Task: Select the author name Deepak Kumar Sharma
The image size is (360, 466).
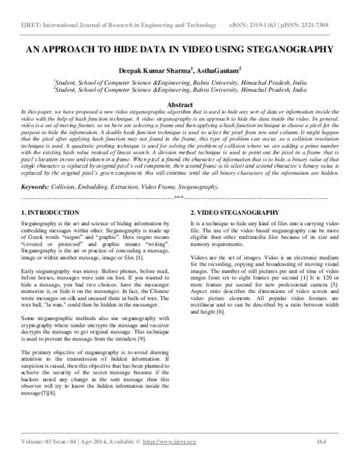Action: coord(158,70)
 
